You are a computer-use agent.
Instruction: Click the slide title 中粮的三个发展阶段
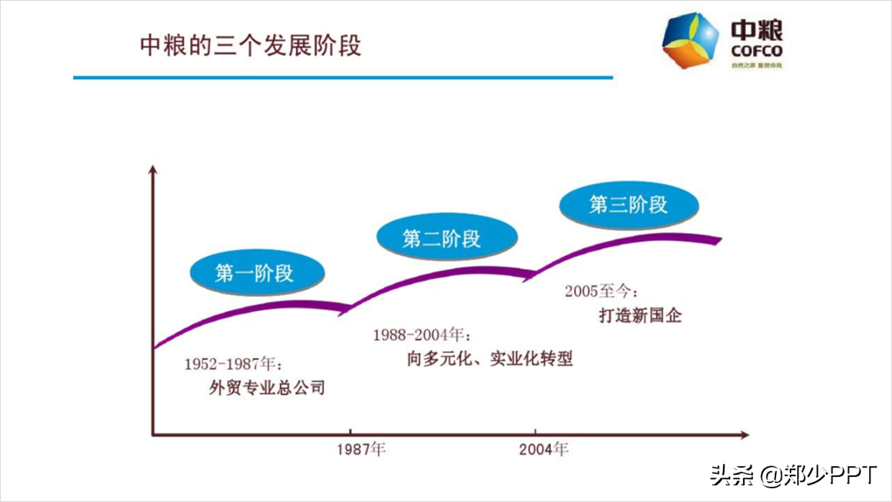click(x=250, y=45)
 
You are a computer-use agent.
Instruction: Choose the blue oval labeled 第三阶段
click(x=629, y=204)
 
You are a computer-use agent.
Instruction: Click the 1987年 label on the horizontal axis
click(x=361, y=449)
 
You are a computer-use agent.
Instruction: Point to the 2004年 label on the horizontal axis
click(x=544, y=449)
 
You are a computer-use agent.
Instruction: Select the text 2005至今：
click(x=601, y=291)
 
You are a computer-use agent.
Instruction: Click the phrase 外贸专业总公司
click(x=267, y=388)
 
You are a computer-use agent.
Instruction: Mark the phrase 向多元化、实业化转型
click(x=490, y=359)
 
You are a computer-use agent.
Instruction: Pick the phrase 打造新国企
click(x=640, y=315)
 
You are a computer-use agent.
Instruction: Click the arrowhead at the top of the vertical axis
click(x=153, y=170)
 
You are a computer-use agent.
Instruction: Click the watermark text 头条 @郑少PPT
click(x=793, y=475)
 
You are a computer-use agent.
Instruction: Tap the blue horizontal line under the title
click(x=342, y=77)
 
